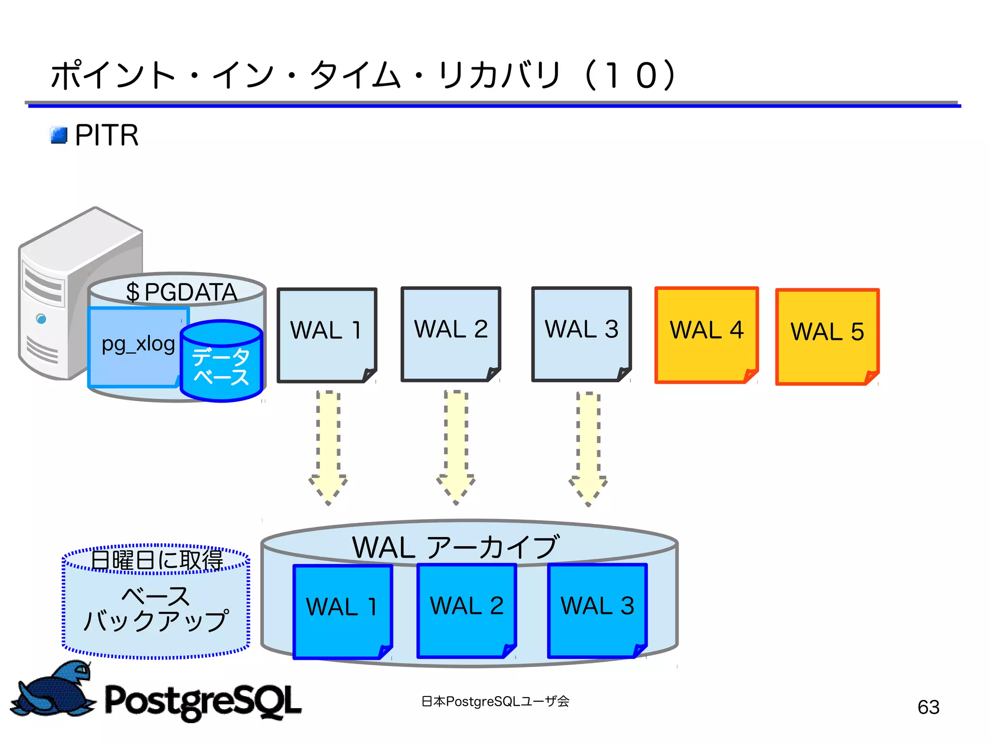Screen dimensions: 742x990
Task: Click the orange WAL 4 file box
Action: [706, 335]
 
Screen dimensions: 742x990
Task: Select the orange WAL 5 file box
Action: [827, 336]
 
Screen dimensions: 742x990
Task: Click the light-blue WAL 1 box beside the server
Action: [326, 335]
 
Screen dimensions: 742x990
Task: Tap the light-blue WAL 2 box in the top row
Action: [451, 334]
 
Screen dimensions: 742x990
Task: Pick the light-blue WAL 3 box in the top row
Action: [581, 334]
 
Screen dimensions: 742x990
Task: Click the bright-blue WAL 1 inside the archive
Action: [342, 611]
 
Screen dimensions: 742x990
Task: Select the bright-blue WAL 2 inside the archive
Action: [466, 610]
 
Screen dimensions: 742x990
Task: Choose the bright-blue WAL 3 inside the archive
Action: [597, 610]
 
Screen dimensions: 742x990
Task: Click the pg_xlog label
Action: [138, 344]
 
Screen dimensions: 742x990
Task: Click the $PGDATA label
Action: [181, 292]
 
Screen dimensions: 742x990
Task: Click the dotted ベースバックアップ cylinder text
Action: [156, 609]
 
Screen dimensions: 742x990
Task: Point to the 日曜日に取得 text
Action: [157, 560]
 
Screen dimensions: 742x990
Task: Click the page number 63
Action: [928, 707]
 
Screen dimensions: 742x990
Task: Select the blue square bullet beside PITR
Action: [59, 135]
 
